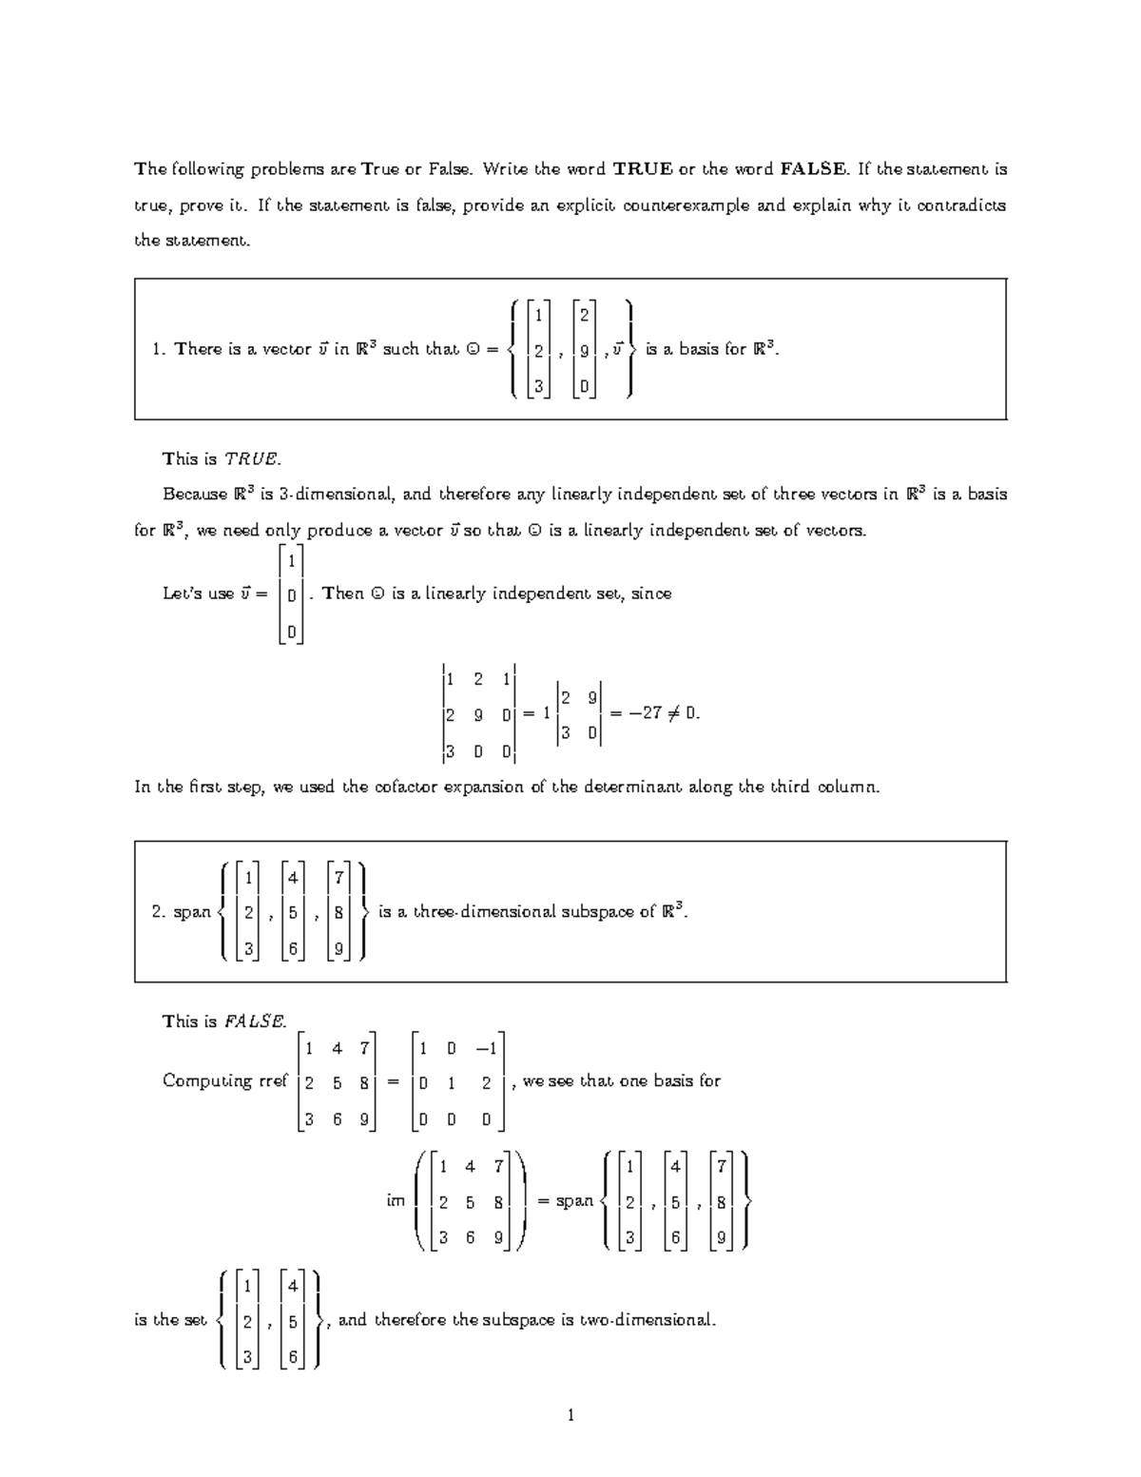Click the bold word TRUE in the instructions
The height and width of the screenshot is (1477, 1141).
(x=642, y=170)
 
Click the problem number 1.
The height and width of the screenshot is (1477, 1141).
(x=158, y=349)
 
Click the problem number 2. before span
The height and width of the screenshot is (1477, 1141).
(x=158, y=912)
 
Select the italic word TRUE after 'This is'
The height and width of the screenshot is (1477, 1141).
(x=252, y=459)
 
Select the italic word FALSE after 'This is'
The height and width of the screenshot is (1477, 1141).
(x=255, y=1022)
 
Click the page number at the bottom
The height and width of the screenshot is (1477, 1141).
(x=570, y=1416)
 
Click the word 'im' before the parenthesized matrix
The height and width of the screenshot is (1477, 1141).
(x=396, y=1201)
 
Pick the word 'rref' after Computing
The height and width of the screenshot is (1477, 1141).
(x=273, y=1081)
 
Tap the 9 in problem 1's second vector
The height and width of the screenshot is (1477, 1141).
(x=584, y=351)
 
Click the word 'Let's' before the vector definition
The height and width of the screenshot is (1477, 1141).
(x=185, y=594)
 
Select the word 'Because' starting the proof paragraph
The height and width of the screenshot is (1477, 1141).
(x=195, y=495)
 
